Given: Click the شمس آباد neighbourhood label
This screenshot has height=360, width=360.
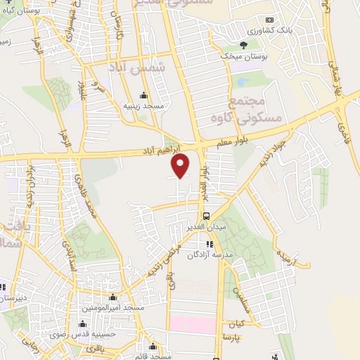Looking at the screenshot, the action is [x=136, y=67].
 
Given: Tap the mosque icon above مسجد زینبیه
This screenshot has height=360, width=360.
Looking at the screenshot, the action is [x=144, y=96].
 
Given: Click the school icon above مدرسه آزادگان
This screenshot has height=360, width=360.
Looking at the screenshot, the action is [x=209, y=243].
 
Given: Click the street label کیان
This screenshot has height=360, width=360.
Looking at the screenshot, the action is [x=235, y=325].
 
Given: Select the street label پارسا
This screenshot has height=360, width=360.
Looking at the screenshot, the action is [x=233, y=337].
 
